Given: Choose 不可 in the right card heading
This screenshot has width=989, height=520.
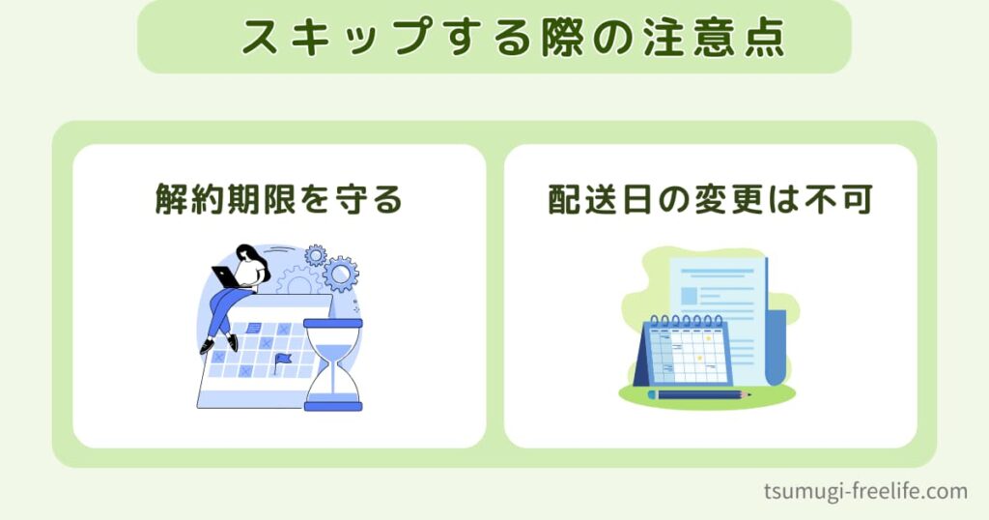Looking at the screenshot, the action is tap(836, 200).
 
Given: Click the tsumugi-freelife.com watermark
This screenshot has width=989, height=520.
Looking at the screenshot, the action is tap(864, 491).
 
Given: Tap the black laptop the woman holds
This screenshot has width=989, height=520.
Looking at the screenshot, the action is tap(224, 277).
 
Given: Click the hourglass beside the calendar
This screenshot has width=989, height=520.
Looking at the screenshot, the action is tap(333, 364).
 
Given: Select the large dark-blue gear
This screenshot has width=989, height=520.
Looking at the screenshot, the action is tap(341, 274).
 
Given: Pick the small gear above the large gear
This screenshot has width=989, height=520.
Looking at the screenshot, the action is tap(315, 255).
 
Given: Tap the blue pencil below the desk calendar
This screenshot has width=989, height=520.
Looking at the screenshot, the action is tap(699, 395).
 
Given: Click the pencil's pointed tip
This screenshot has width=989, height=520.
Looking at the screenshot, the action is tap(749, 395).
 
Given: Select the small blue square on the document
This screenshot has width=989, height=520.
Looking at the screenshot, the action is tap(689, 296).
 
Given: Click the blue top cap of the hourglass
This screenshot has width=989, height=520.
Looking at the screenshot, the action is tap(333, 323).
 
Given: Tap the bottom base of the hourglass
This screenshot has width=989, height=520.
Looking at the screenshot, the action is tap(333, 406).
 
